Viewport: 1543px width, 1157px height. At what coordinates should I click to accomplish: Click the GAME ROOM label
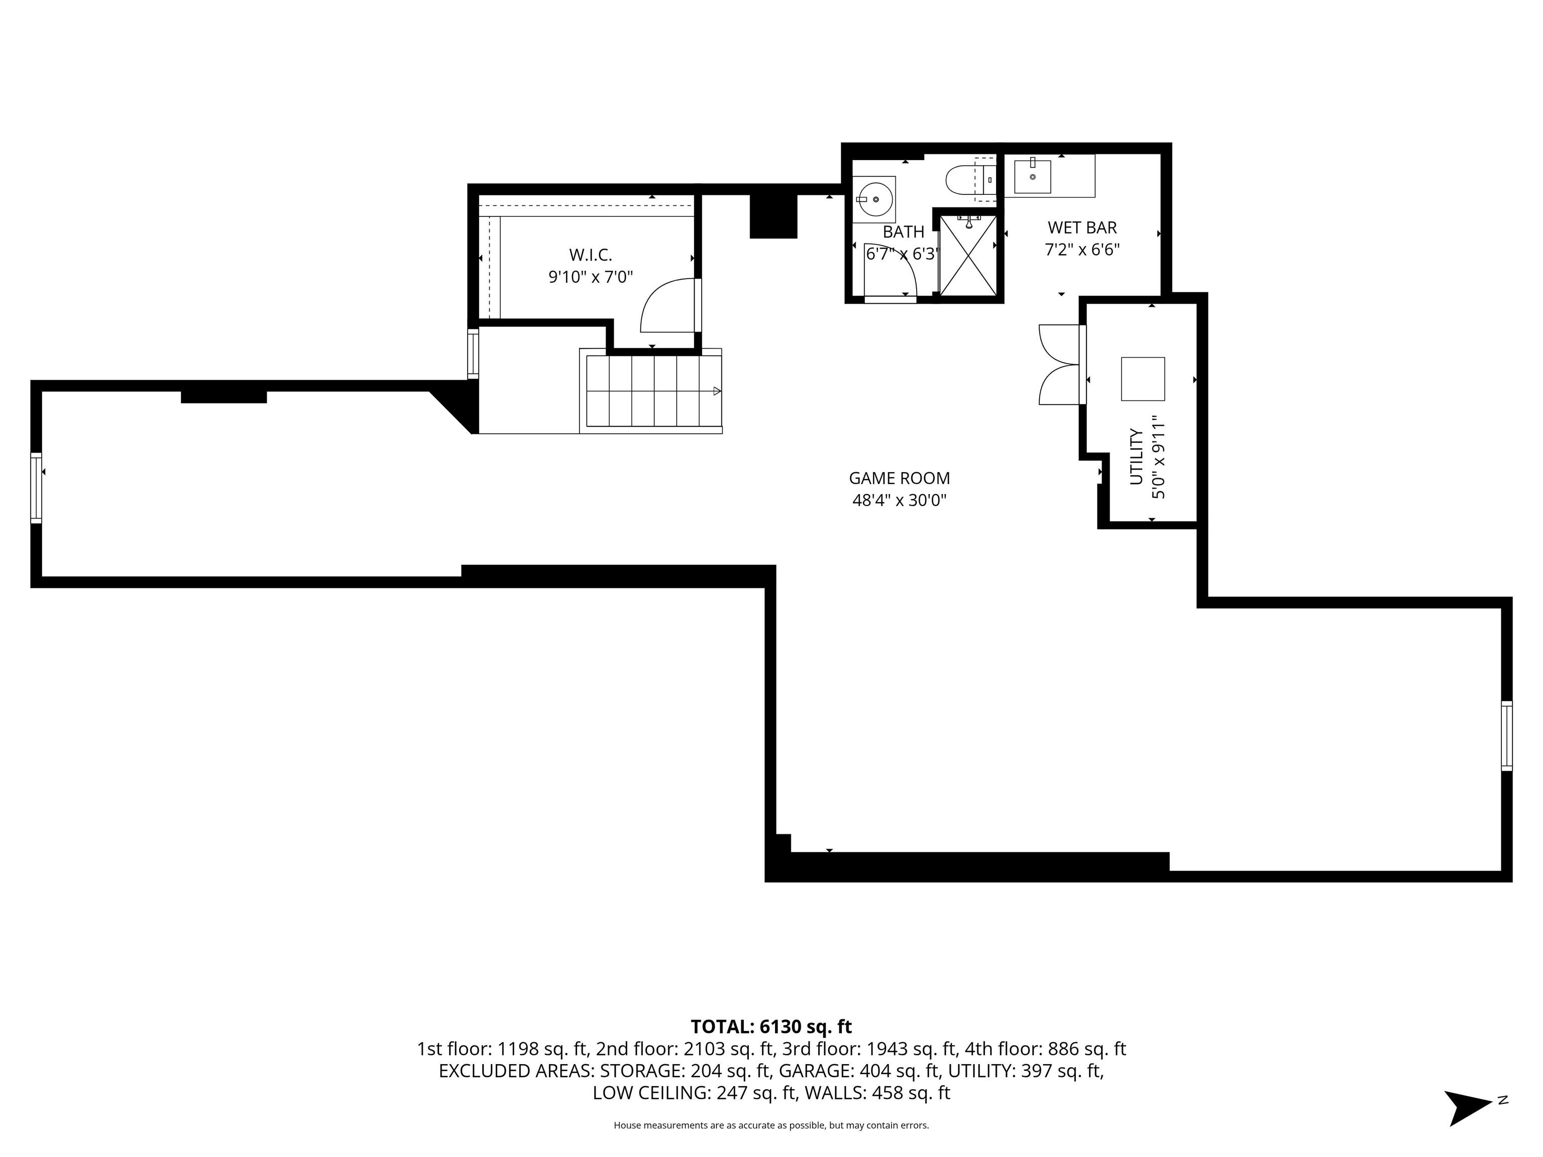[x=899, y=479]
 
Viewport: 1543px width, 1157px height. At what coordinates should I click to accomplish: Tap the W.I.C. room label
[x=591, y=255]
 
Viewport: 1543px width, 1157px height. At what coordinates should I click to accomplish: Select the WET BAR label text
[x=1082, y=227]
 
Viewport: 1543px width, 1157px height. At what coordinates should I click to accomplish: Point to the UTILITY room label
[x=1136, y=457]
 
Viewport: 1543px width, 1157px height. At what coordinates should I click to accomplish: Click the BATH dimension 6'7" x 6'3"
[x=903, y=254]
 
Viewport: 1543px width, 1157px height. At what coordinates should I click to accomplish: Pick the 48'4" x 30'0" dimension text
[x=899, y=501]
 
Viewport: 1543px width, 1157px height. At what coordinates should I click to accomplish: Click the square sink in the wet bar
[x=1032, y=176]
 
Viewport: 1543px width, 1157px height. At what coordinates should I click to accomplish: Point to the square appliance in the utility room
[x=1143, y=379]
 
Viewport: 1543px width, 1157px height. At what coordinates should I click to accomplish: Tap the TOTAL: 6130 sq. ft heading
[x=771, y=1026]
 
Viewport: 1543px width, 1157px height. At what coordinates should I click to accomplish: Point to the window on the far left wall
[x=36, y=488]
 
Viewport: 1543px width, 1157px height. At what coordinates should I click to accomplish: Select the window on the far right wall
[x=1507, y=736]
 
